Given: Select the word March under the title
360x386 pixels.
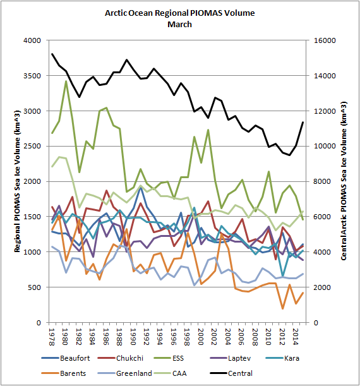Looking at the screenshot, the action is [179, 25].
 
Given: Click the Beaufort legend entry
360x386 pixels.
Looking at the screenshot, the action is [66, 358].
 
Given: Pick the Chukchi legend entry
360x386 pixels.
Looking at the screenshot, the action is [121, 358].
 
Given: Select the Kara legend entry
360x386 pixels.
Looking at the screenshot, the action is [282, 358].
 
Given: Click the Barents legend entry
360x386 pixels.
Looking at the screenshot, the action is [64, 373].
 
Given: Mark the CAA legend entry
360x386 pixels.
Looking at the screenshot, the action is [170, 373].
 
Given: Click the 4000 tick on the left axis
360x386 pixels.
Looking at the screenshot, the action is [32, 40].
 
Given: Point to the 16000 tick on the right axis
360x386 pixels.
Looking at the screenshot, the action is [325, 40].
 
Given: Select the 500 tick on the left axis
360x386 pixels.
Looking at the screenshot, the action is [34, 287].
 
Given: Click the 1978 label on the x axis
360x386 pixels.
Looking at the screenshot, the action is [52, 337].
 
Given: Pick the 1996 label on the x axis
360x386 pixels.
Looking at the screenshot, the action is [173, 337].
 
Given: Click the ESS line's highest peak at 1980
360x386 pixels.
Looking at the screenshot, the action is [66, 81].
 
